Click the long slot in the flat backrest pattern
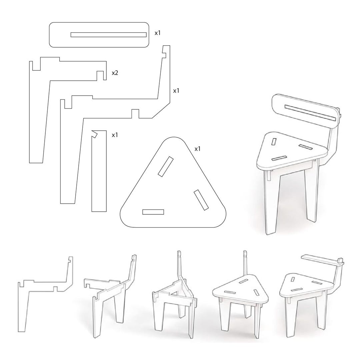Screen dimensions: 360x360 tap(108, 35)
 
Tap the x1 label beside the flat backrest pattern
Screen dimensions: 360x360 tap(158, 33)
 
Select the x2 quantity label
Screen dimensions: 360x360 tap(115, 73)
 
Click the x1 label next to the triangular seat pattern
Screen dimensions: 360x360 tap(198, 149)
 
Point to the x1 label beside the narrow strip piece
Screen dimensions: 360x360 tap(115, 135)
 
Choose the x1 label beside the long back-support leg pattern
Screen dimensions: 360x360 tap(176, 91)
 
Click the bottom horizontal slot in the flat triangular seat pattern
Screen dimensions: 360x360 tap(153, 212)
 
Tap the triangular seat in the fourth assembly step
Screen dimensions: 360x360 tap(242, 288)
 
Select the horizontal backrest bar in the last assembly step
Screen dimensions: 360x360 tap(320, 260)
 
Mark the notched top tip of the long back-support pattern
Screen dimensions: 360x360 tap(166, 50)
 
